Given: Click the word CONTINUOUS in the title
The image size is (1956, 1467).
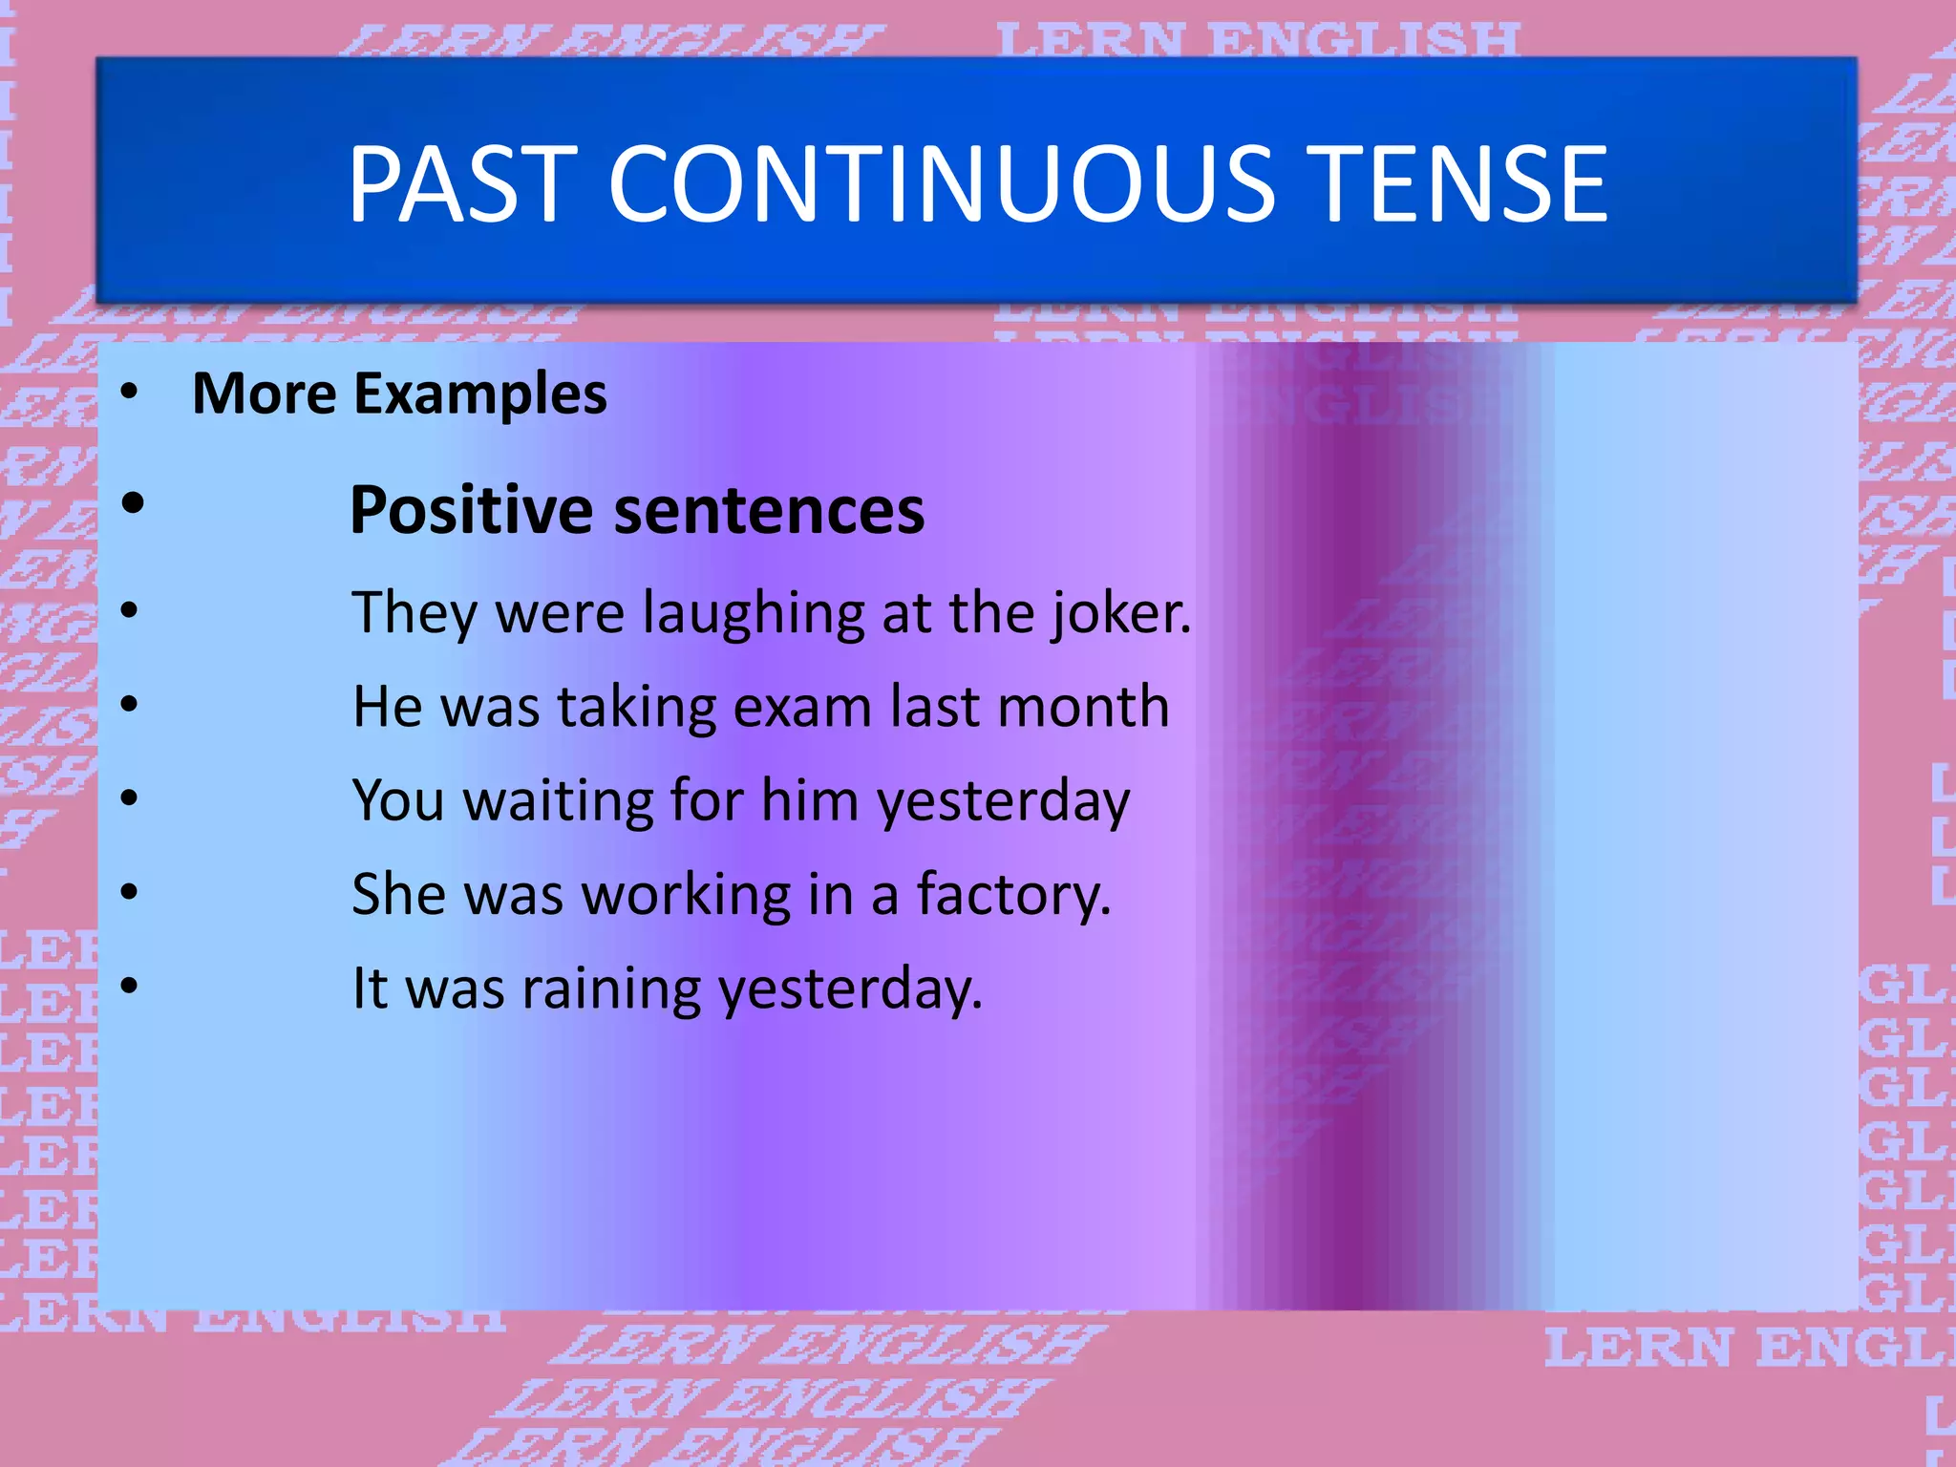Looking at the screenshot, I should point(941,183).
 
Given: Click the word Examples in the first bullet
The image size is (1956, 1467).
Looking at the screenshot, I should point(480,393).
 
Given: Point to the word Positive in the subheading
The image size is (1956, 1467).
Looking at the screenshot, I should point(472,510).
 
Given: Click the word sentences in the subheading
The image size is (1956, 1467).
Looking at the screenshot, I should point(769,510).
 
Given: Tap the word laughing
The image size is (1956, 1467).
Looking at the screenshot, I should point(753,613).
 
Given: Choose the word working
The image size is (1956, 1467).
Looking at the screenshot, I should point(687,895).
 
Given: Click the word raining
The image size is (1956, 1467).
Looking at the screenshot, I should point(611,989).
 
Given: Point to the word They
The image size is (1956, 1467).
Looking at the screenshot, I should point(415,613).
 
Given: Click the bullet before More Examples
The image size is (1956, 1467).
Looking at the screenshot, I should point(130,391).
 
